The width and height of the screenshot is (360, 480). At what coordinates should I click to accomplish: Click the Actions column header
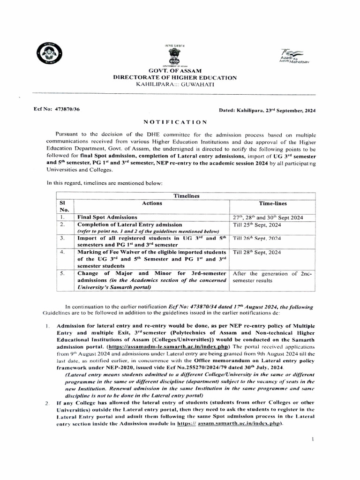coord(152,203)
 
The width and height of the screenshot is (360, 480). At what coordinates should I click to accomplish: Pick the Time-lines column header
coord(273,203)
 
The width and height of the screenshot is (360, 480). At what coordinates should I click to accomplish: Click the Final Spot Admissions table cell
coord(107,217)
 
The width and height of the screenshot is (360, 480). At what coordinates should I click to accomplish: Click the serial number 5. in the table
coord(62,273)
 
